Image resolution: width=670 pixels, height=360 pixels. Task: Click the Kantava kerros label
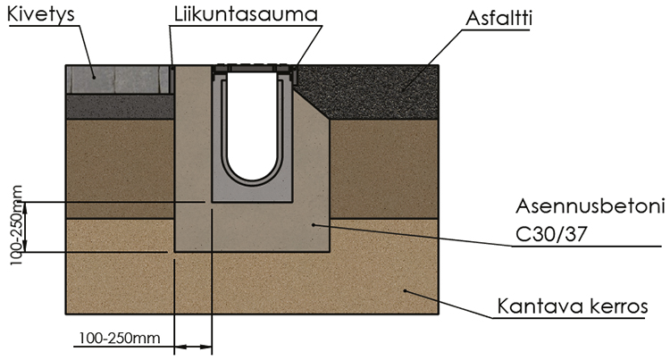(x=571, y=307)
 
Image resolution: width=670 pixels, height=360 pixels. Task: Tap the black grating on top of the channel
(x=254, y=69)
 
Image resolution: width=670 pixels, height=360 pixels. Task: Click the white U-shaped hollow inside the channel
(x=253, y=125)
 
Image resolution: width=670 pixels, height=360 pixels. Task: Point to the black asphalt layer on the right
(x=375, y=89)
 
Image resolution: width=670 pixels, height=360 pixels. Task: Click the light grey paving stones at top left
(x=116, y=79)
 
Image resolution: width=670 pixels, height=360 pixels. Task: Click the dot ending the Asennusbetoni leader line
(x=312, y=225)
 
